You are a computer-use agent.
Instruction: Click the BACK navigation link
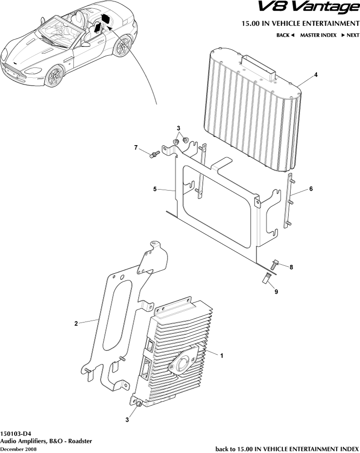click(285, 35)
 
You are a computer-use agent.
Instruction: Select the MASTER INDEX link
click(318, 35)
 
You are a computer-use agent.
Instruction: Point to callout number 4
click(316, 75)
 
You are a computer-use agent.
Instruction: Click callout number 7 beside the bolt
click(137, 147)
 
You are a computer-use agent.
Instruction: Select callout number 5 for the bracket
click(155, 188)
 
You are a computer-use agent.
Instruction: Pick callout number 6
click(311, 189)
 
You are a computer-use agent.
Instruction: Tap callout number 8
click(291, 267)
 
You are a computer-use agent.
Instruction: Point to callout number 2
click(76, 323)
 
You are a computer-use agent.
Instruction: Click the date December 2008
click(18, 449)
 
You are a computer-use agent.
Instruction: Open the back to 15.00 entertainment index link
click(287, 448)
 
